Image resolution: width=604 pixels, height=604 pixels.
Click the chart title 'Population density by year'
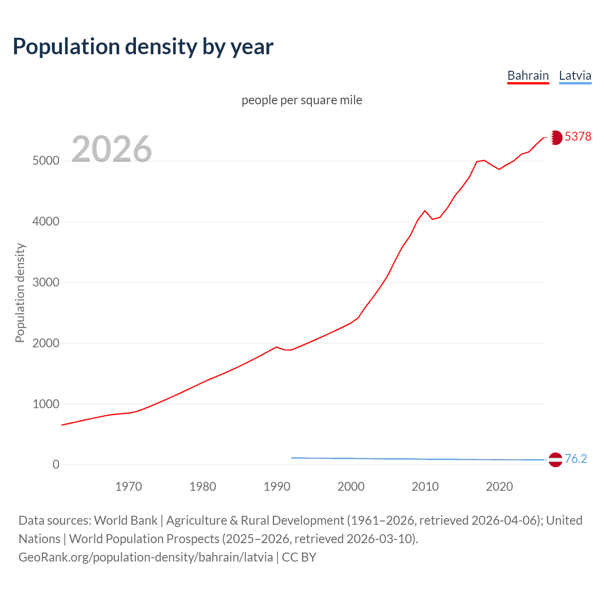click(x=143, y=47)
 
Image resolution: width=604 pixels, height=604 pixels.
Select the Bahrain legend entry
click(x=528, y=75)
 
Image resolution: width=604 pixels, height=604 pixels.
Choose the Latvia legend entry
click(x=575, y=75)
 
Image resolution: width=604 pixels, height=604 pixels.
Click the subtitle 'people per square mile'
click(x=302, y=100)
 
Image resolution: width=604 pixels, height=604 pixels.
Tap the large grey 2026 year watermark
click(x=112, y=149)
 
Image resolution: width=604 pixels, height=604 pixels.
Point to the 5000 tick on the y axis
click(x=46, y=161)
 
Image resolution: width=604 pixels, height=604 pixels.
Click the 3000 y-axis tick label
click(x=46, y=283)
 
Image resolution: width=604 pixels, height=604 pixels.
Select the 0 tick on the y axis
click(x=56, y=465)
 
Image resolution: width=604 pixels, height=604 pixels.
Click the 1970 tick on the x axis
click(x=128, y=487)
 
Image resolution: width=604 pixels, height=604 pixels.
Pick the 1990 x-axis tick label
click(x=277, y=487)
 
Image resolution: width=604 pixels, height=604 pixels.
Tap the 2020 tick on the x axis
click(x=499, y=487)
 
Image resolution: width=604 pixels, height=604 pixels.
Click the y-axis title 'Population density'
click(x=20, y=293)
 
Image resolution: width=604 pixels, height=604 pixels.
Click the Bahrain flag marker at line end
click(x=555, y=137)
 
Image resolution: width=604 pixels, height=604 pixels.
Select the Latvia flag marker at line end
click(x=555, y=460)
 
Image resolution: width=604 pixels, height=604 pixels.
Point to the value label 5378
click(x=578, y=136)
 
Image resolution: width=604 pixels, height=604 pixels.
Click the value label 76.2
click(x=576, y=459)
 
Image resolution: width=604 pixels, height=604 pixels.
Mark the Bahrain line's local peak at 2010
click(x=425, y=210)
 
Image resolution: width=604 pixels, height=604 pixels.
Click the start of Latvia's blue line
click(x=292, y=458)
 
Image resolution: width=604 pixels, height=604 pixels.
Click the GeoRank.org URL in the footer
click(x=146, y=557)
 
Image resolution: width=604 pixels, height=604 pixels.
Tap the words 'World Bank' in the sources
click(x=126, y=520)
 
